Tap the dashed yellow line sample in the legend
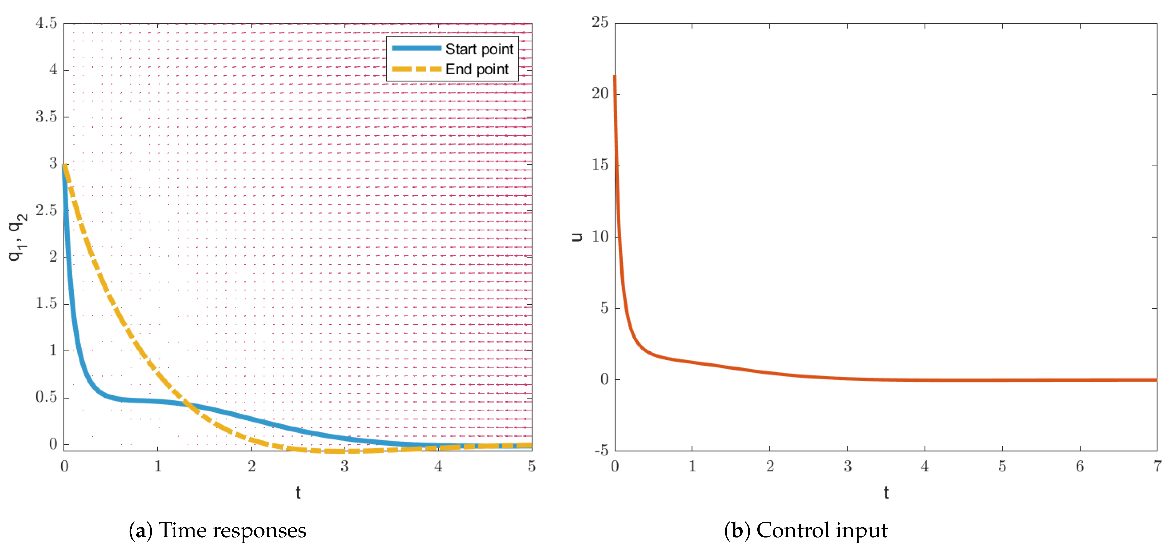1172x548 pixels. pos(416,69)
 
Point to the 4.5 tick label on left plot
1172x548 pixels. pos(46,23)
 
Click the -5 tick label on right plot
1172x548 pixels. pos(601,451)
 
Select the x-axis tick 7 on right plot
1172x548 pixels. pos(1157,466)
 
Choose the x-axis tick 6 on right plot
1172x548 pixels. pos(1080,466)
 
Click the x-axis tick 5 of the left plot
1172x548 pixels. pos(532,466)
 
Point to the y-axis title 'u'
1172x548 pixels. pos(577,237)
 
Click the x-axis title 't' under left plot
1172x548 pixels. pos(298,492)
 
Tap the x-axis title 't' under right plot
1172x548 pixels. pos(886,492)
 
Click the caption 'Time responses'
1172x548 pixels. pos(232,531)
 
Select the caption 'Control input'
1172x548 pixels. pos(821,531)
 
